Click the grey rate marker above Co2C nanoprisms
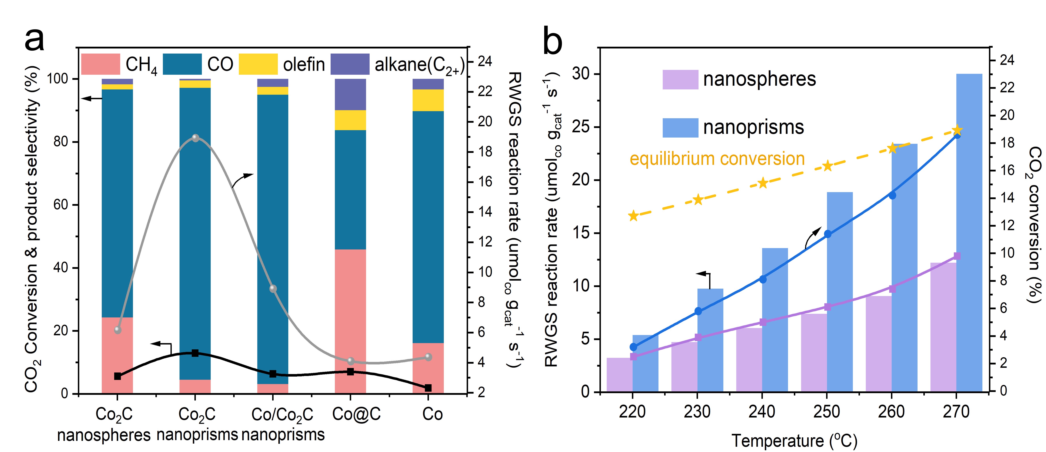[x=195, y=138]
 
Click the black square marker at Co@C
[x=350, y=371]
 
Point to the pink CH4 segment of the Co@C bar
[x=350, y=321]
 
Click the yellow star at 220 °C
[x=633, y=216]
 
